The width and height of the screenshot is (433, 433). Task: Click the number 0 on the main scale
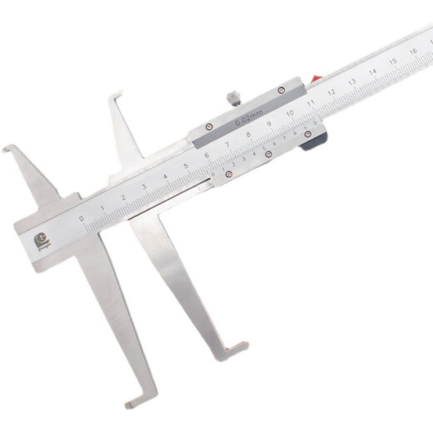click(82, 219)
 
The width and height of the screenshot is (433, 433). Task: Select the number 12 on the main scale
click(331, 92)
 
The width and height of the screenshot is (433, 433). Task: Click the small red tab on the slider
click(315, 80)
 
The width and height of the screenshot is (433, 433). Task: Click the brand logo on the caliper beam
click(40, 242)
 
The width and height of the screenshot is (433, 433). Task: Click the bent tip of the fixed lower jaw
click(133, 404)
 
